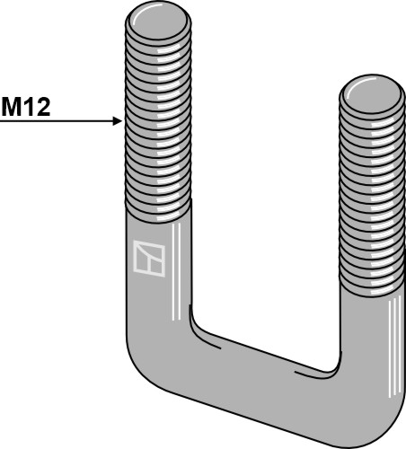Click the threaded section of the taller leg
coord(158,117)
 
